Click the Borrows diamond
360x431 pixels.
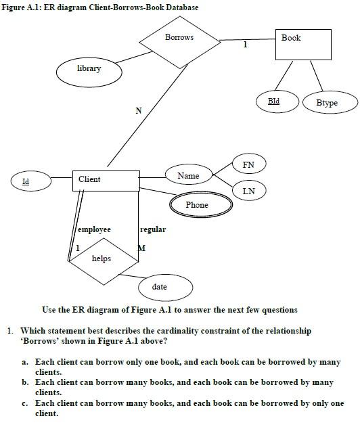[x=179, y=39]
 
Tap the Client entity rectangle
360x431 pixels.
[x=105, y=180]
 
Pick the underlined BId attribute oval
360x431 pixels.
[x=273, y=101]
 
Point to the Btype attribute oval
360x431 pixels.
[x=327, y=103]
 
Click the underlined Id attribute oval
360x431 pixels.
[x=26, y=181]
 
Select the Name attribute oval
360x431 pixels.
[x=188, y=176]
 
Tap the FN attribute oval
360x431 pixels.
[x=248, y=164]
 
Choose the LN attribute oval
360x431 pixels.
[x=248, y=191]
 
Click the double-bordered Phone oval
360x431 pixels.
[x=197, y=205]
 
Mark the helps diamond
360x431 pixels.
[x=102, y=259]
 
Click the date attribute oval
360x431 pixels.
[x=160, y=288]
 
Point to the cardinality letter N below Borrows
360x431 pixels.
[x=139, y=111]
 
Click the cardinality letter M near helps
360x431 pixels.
[x=141, y=248]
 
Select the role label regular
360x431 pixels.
[x=153, y=230]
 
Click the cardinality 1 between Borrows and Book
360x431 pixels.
[x=245, y=45]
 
